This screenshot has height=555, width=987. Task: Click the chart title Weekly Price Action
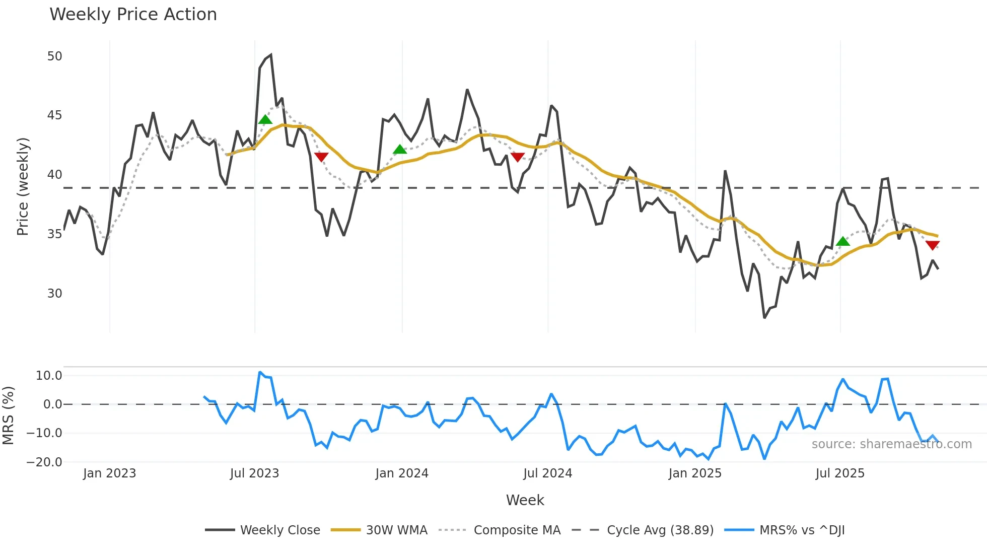pyautogui.click(x=133, y=15)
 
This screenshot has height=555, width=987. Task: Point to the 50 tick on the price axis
pyautogui.click(x=54, y=56)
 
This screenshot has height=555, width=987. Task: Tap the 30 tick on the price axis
pyautogui.click(x=54, y=294)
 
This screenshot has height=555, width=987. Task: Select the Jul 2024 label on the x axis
pyautogui.click(x=547, y=473)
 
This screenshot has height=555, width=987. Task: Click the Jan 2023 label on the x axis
pyautogui.click(x=109, y=473)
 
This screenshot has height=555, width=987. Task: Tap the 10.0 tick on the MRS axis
pyautogui.click(x=49, y=376)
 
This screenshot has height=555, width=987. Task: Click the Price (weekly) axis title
pyautogui.click(x=23, y=186)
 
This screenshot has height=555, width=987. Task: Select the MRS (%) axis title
pyautogui.click(x=8, y=415)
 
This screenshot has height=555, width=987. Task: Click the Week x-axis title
pyautogui.click(x=525, y=500)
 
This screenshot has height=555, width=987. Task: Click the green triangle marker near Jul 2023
pyautogui.click(x=265, y=120)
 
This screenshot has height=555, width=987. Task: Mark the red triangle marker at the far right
pyautogui.click(x=932, y=245)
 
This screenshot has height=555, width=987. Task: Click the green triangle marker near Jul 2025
pyautogui.click(x=842, y=242)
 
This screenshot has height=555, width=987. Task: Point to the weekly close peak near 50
pyautogui.click(x=271, y=55)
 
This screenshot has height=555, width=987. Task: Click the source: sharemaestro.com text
pyautogui.click(x=891, y=444)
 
